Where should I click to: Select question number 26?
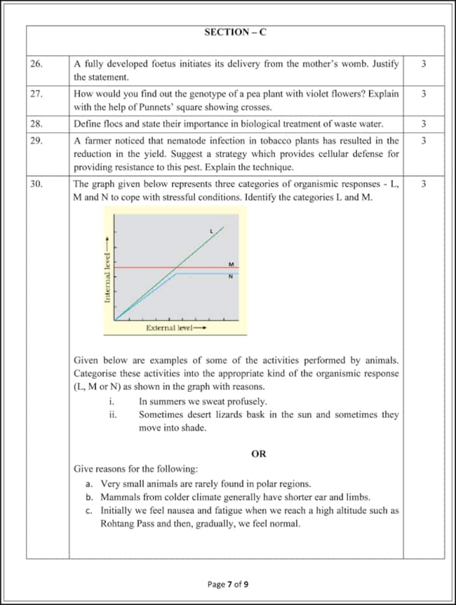tap(36, 64)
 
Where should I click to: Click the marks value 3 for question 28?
tap(423, 123)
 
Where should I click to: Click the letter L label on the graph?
tap(211, 231)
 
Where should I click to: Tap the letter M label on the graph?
tap(231, 264)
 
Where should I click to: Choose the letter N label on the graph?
tap(231, 276)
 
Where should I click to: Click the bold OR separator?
tap(259, 454)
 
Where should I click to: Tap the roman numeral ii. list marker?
tap(113, 415)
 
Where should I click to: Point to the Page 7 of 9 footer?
tap(228, 584)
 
